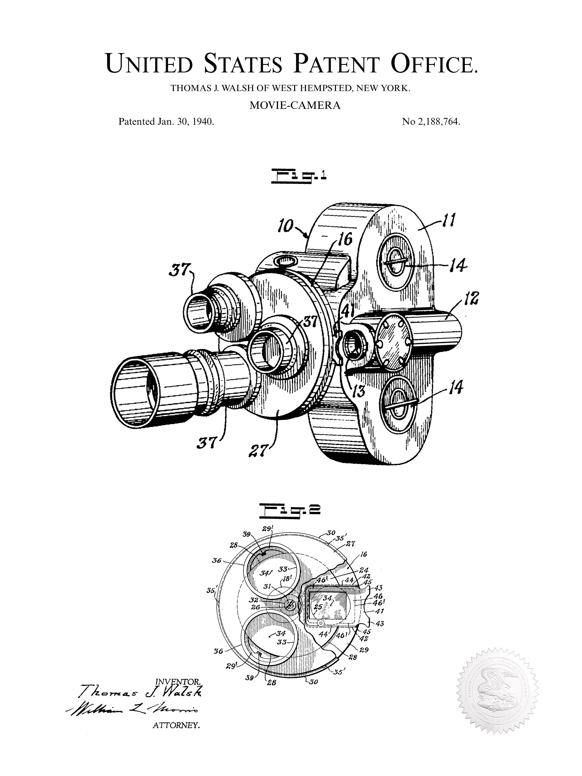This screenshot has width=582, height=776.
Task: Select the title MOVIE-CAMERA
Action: tap(295, 106)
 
